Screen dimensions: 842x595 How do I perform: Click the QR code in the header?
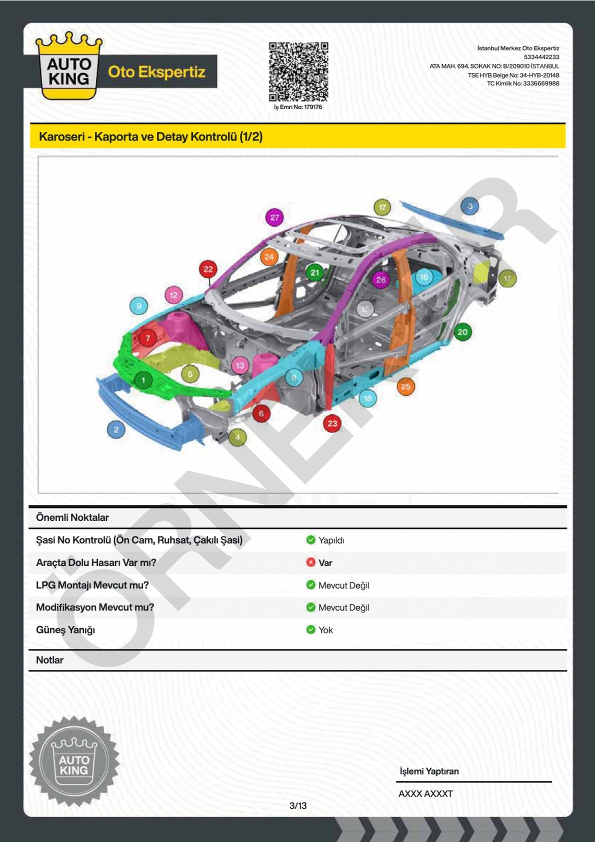(298, 71)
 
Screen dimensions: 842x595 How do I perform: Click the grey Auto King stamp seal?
(74, 760)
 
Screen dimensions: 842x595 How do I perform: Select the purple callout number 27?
(274, 217)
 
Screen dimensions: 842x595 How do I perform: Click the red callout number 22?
(208, 269)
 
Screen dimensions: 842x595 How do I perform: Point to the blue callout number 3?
(469, 206)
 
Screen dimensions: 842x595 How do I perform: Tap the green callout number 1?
(143, 380)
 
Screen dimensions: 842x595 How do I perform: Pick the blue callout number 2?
(116, 429)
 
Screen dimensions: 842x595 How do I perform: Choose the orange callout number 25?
(405, 386)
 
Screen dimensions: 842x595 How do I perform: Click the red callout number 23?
(332, 423)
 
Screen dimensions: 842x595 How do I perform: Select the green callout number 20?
(462, 331)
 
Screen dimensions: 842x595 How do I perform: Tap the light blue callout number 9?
(138, 306)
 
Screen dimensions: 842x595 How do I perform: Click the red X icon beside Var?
(310, 562)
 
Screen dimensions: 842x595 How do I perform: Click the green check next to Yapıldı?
(310, 540)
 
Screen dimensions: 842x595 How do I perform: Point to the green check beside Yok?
(310, 629)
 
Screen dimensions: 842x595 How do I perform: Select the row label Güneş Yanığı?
(65, 630)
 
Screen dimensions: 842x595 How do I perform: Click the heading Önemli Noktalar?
(72, 517)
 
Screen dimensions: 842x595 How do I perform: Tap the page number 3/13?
(298, 805)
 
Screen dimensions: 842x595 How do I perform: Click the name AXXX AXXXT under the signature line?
(425, 793)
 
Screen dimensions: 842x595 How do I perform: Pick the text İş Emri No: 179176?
(298, 107)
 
